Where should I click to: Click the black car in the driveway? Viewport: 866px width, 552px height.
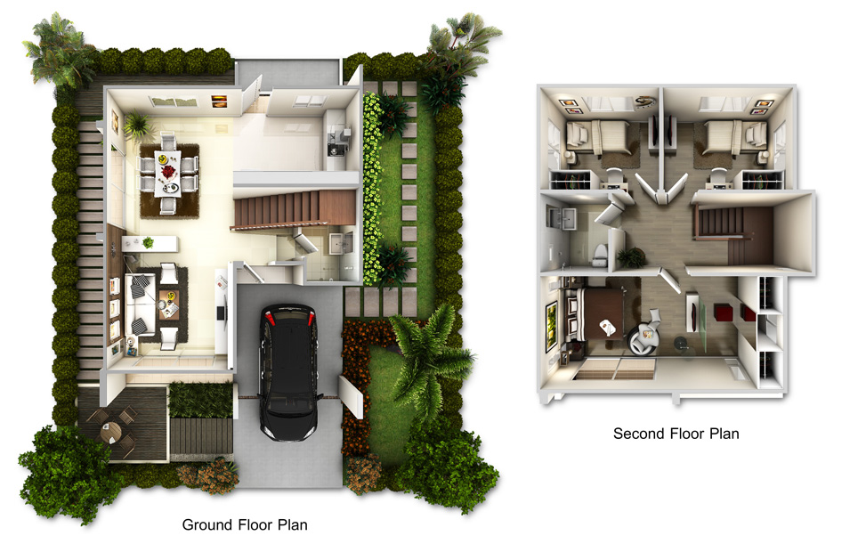tap(288, 370)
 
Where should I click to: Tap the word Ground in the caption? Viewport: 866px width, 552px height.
tap(207, 525)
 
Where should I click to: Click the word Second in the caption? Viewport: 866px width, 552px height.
tap(638, 434)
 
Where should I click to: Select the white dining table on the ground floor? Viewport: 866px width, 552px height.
tap(167, 173)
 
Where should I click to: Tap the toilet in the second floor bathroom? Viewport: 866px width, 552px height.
tap(599, 254)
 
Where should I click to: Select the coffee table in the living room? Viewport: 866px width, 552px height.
tap(169, 305)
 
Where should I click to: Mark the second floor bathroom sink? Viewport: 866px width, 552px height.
tap(562, 219)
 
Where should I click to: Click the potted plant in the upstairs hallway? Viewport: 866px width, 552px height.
tap(631, 257)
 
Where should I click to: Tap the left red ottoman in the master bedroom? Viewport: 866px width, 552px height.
tap(724, 313)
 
